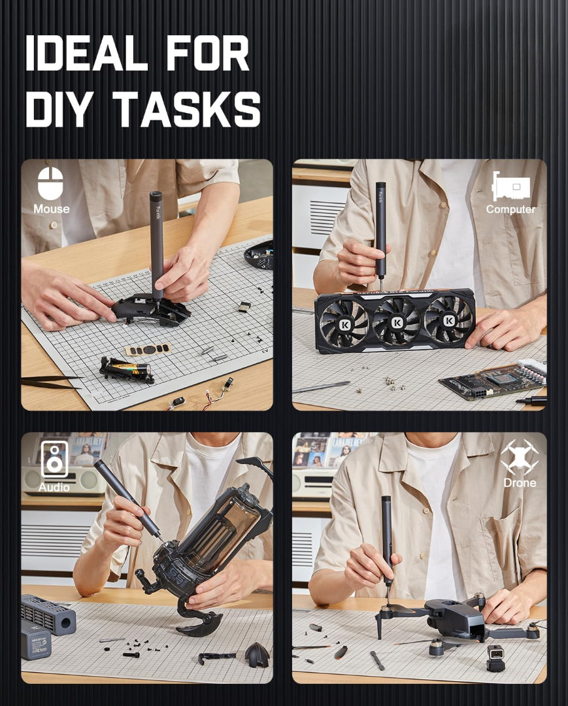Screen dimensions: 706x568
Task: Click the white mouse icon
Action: coord(50,183)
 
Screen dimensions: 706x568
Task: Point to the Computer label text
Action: coord(510,209)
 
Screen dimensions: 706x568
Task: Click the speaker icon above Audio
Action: coord(54,459)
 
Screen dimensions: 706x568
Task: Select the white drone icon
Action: coord(519,456)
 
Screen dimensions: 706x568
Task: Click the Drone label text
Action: coord(520,483)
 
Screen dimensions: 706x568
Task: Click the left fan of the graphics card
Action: coord(344,322)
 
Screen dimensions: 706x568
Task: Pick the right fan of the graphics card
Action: coord(449,320)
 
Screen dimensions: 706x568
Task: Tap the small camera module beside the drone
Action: coord(496,656)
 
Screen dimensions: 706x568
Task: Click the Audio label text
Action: coord(54,487)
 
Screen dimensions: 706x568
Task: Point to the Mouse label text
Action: coord(51,209)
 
